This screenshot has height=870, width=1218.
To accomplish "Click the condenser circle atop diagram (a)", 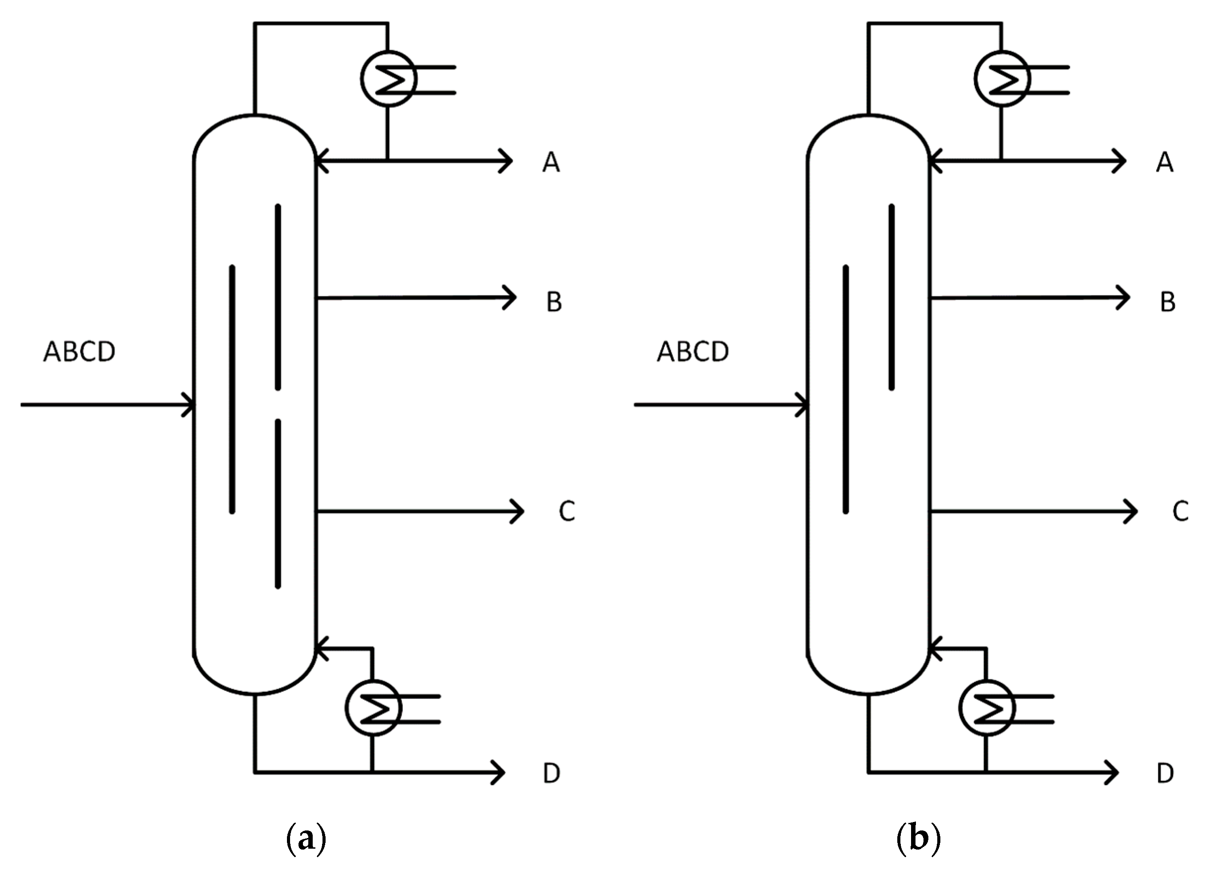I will pyautogui.click(x=388, y=79).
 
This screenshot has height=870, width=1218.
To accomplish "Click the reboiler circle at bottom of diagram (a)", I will pyautogui.click(x=373, y=708).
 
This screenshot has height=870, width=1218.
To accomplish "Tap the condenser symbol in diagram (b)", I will pyautogui.click(x=1002, y=79).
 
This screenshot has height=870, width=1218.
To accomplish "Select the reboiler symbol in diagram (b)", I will pyautogui.click(x=987, y=708).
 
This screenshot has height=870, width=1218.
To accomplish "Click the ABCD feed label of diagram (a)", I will pyautogui.click(x=79, y=352).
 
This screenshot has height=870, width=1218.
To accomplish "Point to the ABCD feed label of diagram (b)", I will pyautogui.click(x=693, y=352).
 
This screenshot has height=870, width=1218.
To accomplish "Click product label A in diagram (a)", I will pyautogui.click(x=551, y=162).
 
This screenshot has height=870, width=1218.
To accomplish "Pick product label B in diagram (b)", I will pyautogui.click(x=1168, y=302).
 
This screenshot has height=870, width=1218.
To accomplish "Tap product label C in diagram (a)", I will pyautogui.click(x=567, y=511).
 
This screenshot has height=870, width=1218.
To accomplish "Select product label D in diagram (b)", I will pyautogui.click(x=1166, y=774).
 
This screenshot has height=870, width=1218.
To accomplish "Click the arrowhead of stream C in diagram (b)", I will pyautogui.click(x=1132, y=511).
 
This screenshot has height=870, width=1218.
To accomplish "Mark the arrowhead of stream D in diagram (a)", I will pyautogui.click(x=500, y=773).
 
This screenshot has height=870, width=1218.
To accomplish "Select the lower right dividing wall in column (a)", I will pyautogui.click(x=278, y=503).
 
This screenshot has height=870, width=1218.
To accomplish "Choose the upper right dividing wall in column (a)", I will pyautogui.click(x=278, y=297).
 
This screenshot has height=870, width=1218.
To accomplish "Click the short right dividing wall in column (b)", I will pyautogui.click(x=891, y=297).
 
